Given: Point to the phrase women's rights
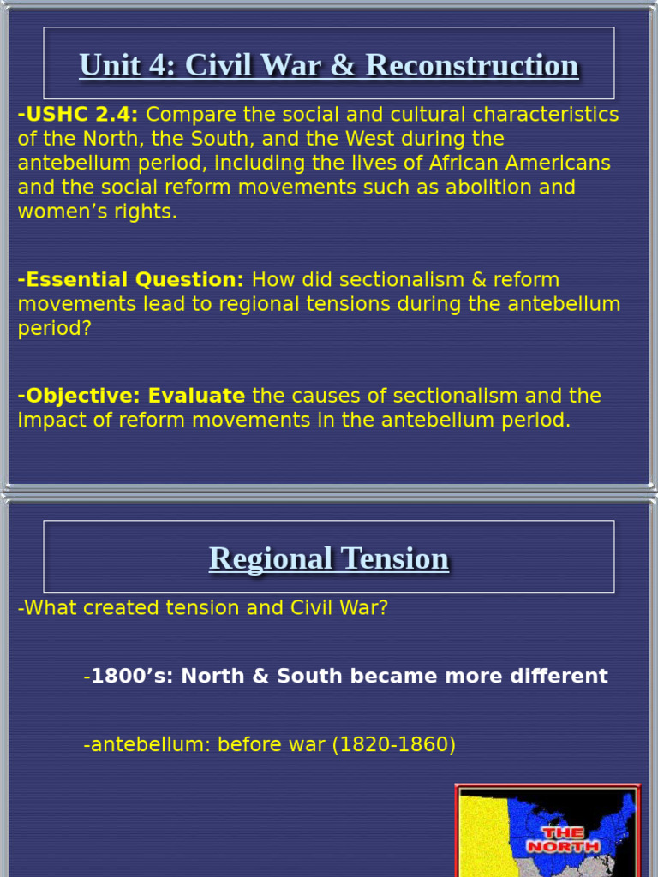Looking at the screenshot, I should pos(98,212).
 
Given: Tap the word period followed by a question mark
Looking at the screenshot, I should pos(54,329).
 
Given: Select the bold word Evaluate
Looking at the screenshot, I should pos(196,396).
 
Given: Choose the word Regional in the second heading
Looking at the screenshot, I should pos(271,558).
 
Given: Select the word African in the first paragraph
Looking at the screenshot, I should pos(447,163).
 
